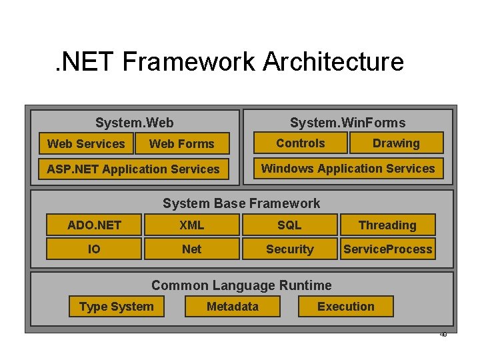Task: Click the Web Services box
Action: pos(85,143)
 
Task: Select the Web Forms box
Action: pos(181,143)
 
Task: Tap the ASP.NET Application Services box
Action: pos(133,169)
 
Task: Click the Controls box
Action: pos(301,143)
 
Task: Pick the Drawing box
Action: pos(396,143)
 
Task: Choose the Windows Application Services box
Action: pos(348,168)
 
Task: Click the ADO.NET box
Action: pos(94,225)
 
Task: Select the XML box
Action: pos(191,225)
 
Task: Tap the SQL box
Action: pos(289,225)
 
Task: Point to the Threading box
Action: pos(387,225)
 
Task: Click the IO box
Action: pos(94,249)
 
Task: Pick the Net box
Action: pos(191,249)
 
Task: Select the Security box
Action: pos(289,249)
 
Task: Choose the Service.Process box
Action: pos(387,249)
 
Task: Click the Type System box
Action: pos(116,306)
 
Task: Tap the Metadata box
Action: pos(232,306)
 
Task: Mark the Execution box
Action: pos(345,306)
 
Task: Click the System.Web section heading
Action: pos(134,122)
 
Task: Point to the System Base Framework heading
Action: pos(241,203)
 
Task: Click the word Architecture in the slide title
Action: pos(333,61)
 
